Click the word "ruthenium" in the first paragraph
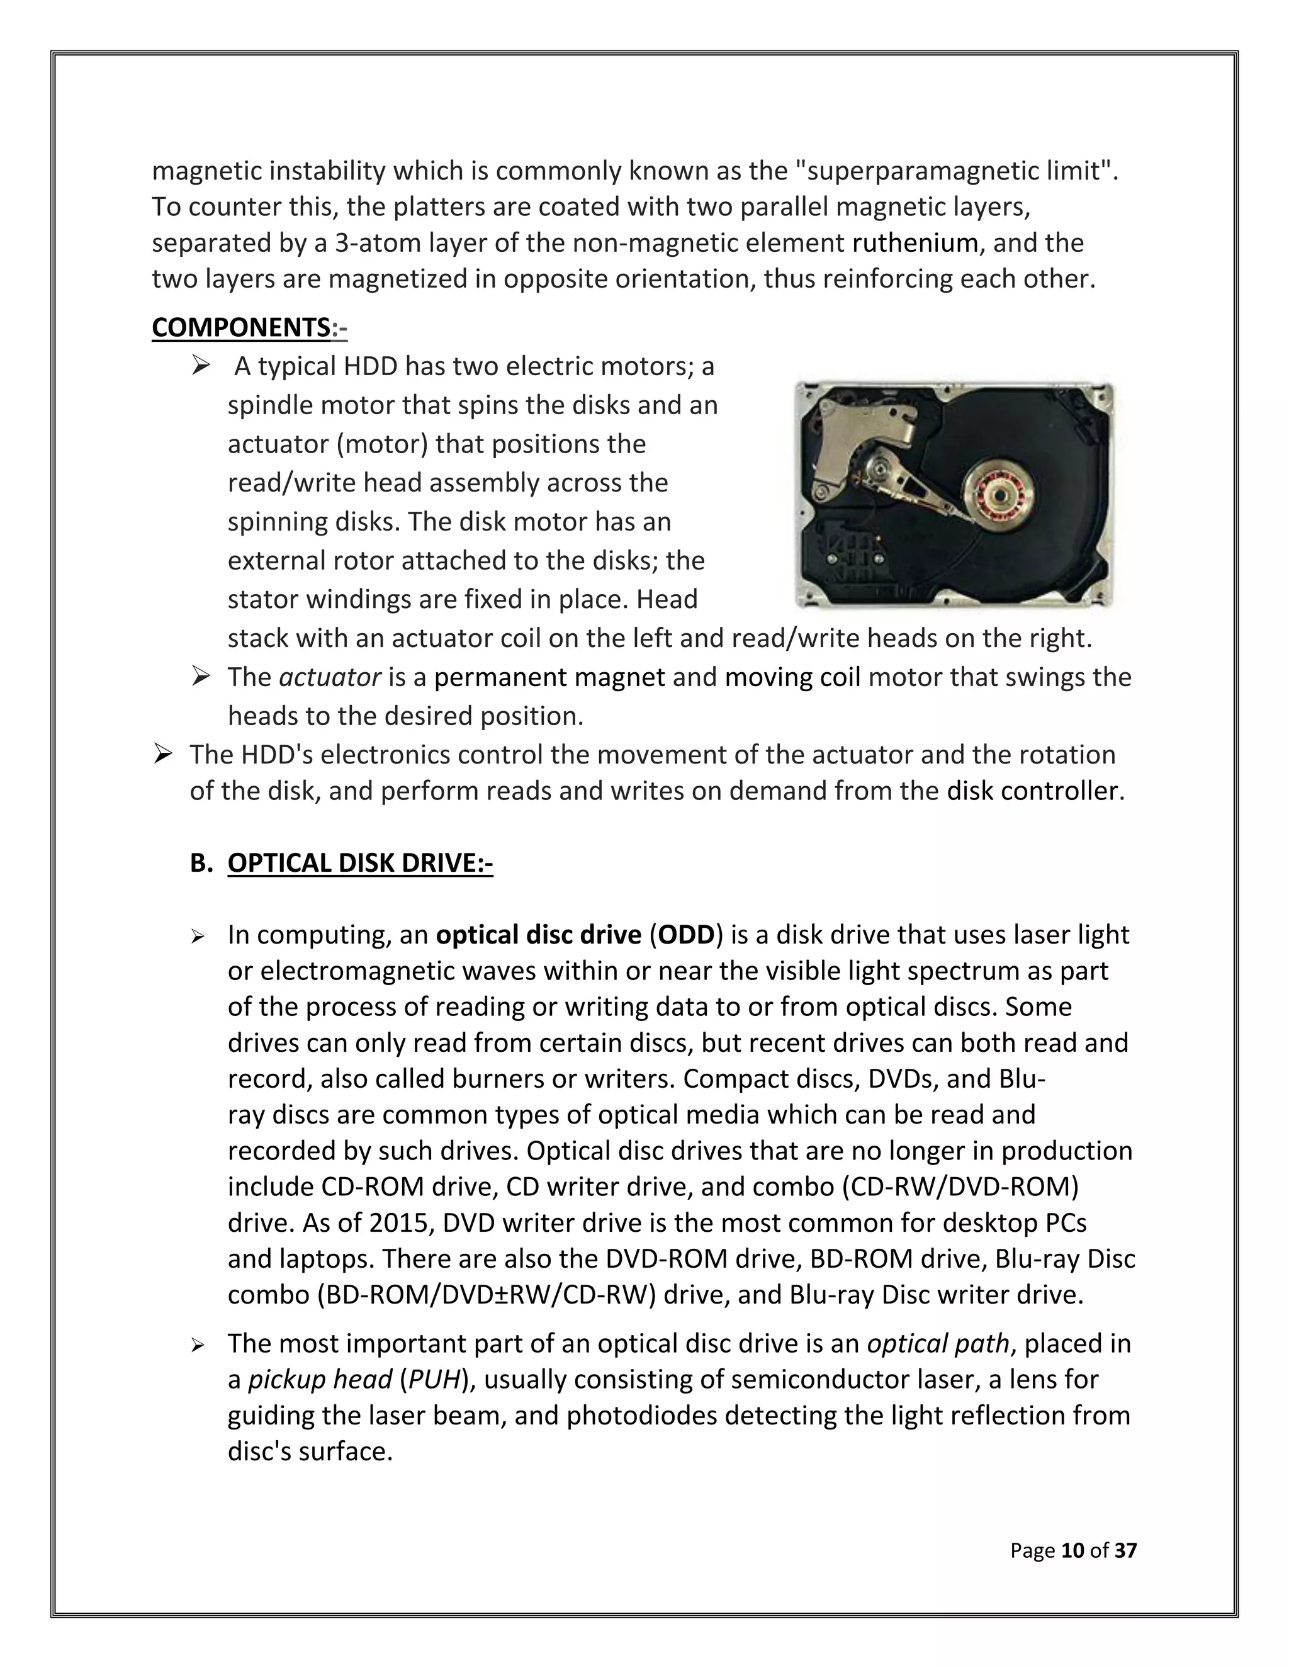[x=915, y=243]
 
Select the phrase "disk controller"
[x=1035, y=790]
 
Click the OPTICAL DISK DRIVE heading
[x=359, y=863]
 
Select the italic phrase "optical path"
[x=938, y=1343]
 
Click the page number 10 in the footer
[x=1073, y=1550]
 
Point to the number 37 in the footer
[x=1125, y=1550]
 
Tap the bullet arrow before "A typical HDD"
[x=201, y=366]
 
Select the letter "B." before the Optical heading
[x=201, y=863]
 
